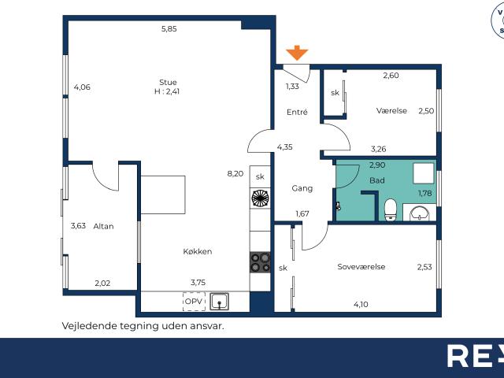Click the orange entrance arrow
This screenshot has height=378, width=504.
click(297, 53)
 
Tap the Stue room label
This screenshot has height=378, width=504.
click(168, 82)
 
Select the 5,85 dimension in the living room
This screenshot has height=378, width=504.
click(169, 29)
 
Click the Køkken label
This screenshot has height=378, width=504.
click(198, 251)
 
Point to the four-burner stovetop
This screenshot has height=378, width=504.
click(261, 262)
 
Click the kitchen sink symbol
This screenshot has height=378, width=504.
click(219, 301)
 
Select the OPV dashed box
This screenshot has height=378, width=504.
click(195, 302)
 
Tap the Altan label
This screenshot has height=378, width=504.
click(103, 226)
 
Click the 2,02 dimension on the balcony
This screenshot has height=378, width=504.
click(102, 283)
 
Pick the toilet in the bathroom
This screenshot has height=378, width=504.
click(391, 209)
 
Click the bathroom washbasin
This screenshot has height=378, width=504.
click(420, 213)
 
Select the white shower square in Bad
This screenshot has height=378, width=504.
click(424, 173)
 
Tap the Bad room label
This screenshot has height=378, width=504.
click(377, 180)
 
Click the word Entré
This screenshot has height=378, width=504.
click(297, 112)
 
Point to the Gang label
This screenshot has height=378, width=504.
click(302, 188)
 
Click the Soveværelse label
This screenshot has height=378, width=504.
click(361, 267)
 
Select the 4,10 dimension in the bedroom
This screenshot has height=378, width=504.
click(361, 305)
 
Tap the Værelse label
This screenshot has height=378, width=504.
click(392, 111)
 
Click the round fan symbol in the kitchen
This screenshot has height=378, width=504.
click(261, 198)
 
